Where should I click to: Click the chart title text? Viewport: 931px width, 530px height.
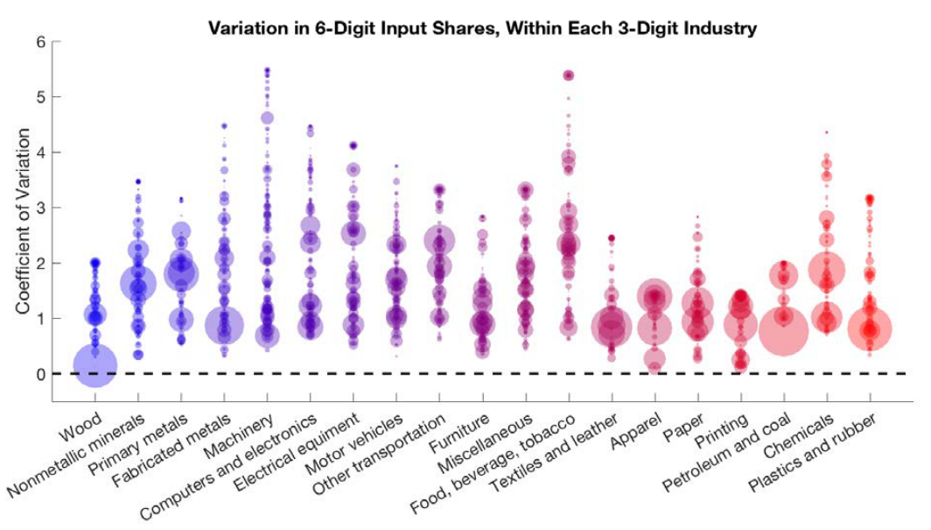(482, 28)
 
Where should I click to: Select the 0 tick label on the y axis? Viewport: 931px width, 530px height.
(40, 374)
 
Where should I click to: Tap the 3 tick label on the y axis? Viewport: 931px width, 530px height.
(40, 208)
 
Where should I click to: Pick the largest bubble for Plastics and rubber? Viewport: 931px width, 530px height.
(870, 329)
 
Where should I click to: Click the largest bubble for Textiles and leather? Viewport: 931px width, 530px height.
(612, 329)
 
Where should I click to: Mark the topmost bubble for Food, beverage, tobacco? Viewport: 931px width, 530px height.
(568, 75)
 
